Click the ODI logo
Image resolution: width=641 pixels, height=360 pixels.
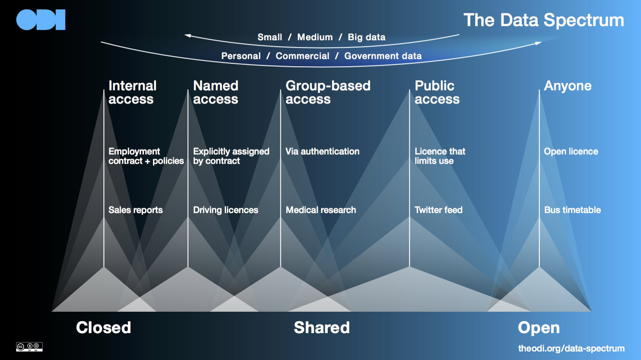point(41,20)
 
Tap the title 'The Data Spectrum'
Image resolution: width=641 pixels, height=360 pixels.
point(544,20)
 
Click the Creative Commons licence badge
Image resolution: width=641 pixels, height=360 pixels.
point(29,347)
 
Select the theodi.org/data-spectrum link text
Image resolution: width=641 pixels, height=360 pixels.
point(571,348)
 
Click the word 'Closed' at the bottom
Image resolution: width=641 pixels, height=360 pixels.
point(103,328)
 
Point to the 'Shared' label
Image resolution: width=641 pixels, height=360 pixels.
point(322,328)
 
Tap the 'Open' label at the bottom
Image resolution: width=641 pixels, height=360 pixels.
point(538,328)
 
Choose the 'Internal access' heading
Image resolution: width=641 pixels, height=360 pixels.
point(132,92)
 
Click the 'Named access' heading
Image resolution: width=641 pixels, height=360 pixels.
point(216,92)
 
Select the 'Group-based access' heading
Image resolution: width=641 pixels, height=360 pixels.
point(328,92)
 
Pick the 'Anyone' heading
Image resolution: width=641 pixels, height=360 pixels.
point(567,86)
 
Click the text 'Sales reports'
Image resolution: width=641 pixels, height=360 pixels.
point(135,210)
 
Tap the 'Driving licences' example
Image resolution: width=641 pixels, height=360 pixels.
point(226,210)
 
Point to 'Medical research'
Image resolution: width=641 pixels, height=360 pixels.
point(320,210)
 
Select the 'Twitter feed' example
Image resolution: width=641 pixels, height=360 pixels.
point(438,210)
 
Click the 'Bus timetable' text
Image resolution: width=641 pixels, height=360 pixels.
point(572,210)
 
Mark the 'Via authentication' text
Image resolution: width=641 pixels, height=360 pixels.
point(322,152)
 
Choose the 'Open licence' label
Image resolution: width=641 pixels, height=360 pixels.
point(571,152)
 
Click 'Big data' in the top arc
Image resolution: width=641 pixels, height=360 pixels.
point(366,37)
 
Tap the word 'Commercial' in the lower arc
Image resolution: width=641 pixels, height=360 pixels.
point(303,56)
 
